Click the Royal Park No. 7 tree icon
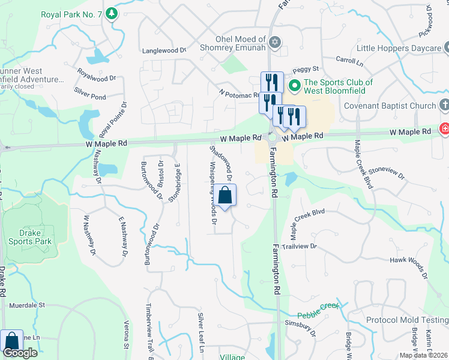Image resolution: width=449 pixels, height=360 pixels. (x=111, y=13)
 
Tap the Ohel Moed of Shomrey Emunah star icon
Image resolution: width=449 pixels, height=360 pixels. (x=276, y=42)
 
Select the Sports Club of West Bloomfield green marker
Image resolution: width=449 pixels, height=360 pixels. (x=294, y=86)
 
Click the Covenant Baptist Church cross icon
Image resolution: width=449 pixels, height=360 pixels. (x=444, y=106)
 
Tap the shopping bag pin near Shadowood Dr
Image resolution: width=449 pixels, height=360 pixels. (x=225, y=196)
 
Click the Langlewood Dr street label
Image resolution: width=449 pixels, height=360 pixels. (x=164, y=51)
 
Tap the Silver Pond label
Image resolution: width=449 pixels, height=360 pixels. (x=90, y=96)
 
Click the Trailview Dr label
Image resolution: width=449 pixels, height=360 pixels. (x=299, y=246)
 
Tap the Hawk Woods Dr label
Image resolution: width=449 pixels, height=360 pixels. (x=408, y=265)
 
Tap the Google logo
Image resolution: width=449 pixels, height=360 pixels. (x=20, y=353)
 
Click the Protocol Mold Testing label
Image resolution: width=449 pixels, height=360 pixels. (x=406, y=320)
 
